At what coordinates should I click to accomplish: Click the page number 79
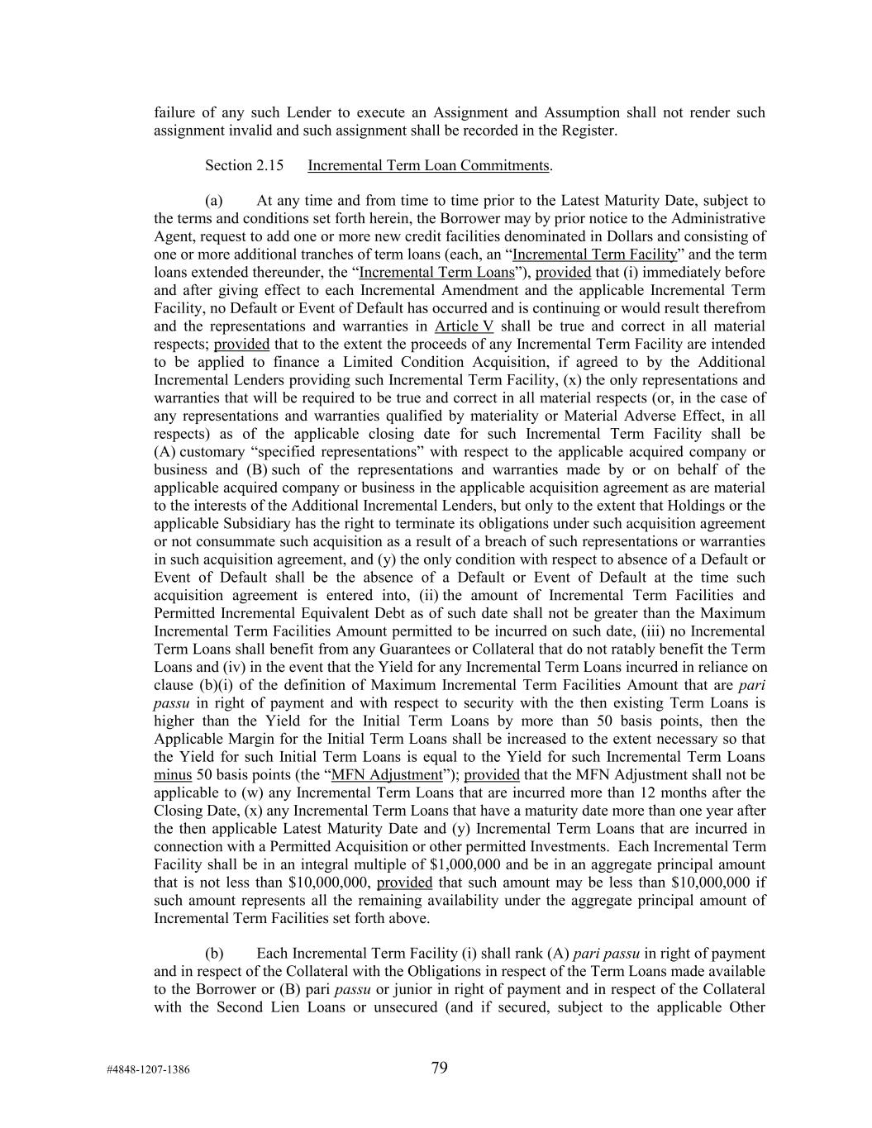[439, 1068]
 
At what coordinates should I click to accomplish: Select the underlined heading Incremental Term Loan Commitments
[428, 165]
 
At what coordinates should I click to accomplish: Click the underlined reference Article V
[464, 326]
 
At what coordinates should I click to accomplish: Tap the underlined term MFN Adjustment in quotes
[386, 775]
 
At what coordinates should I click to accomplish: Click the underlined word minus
[173, 775]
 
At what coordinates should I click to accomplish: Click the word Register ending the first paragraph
[588, 130]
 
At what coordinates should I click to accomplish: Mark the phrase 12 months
[636, 793]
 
